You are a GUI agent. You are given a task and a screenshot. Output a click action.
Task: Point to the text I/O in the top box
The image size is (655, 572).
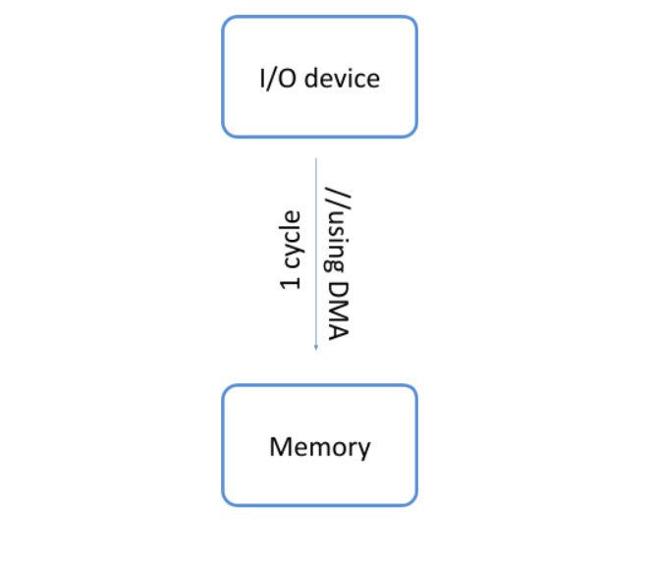[278, 79]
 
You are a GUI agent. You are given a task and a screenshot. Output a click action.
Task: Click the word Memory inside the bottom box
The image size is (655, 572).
[319, 447]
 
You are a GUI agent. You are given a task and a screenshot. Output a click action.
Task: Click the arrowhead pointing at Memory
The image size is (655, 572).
[315, 346]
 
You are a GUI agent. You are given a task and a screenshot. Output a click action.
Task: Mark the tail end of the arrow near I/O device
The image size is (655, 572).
[315, 159]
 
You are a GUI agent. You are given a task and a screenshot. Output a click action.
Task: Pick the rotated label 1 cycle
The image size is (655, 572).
[291, 251]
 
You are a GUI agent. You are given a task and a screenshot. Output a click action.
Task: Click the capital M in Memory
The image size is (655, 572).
[279, 447]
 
